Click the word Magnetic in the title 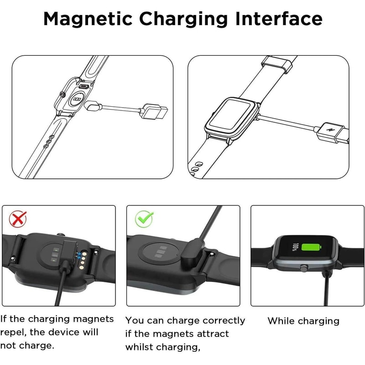pos(87,19)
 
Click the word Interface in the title pos(277,19)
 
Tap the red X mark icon pos(18,219)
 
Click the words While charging pos(303,321)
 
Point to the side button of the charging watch pos(302,270)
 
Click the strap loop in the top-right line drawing pos(278,63)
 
